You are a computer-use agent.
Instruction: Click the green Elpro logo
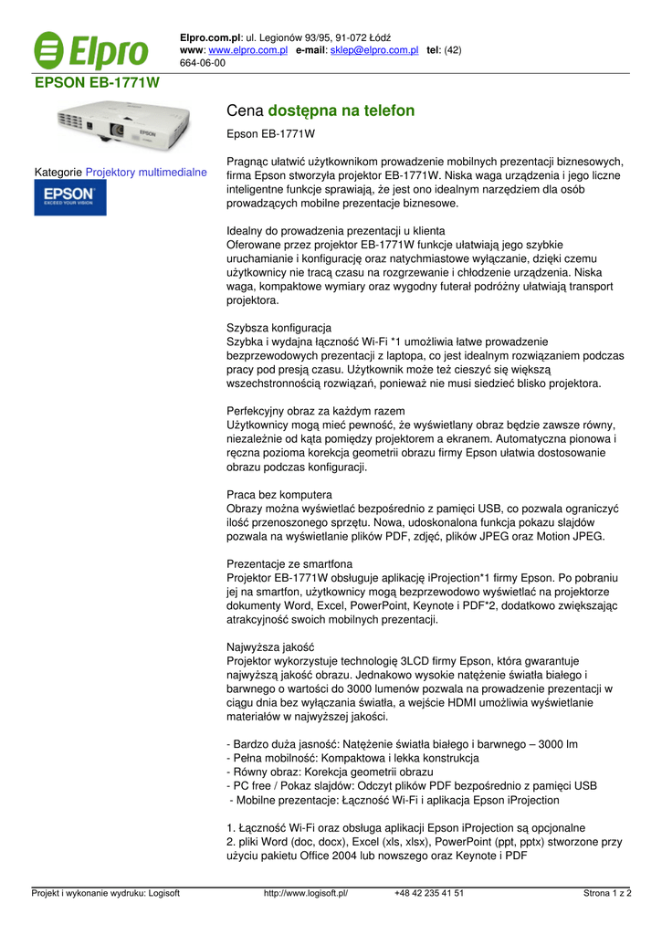(90, 51)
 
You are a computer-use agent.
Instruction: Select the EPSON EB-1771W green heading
(97, 83)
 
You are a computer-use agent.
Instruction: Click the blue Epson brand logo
(70, 197)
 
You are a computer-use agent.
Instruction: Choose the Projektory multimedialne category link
(146, 172)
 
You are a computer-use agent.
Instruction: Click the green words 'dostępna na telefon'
(342, 110)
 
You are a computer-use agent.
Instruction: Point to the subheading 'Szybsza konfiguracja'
(278, 327)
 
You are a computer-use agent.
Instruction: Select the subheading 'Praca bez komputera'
(278, 495)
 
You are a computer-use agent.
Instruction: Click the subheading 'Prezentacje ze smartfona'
(289, 564)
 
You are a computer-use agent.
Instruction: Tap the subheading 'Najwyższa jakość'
(269, 646)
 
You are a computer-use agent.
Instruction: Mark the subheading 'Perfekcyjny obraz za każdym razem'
(315, 411)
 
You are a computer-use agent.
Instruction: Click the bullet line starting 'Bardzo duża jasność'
(402, 744)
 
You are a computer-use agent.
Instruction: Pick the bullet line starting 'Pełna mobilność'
(352, 758)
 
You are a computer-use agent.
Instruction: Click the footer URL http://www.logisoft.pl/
(306, 893)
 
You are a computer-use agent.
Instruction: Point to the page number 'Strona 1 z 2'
(607, 893)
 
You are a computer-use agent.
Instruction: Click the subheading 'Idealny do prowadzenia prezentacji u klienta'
(335, 231)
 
